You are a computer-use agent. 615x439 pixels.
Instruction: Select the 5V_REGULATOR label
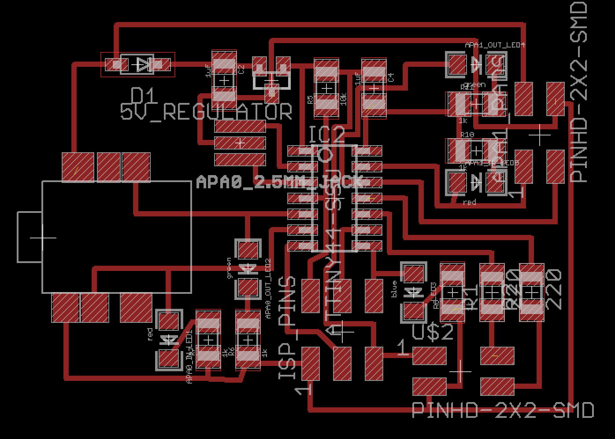[206, 112]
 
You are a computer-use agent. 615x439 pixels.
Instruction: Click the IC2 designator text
[326, 135]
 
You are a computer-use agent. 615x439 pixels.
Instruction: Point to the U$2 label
[433, 332]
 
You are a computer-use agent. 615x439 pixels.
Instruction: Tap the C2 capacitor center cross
[225, 80]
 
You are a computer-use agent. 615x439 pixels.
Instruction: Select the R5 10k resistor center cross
[326, 89]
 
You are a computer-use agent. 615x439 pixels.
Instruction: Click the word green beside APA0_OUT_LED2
[229, 268]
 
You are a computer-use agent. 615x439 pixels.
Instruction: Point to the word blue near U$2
[394, 289]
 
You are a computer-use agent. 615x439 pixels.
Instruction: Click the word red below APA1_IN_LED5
[470, 202]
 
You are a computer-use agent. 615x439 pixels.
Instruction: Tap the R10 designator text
[467, 134]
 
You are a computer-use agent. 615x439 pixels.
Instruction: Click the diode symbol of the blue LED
[413, 291]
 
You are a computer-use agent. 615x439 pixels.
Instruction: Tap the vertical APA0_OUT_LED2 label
[268, 288]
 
